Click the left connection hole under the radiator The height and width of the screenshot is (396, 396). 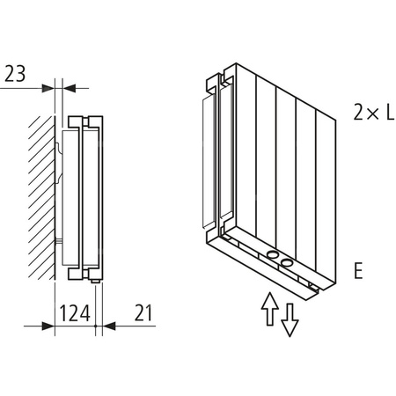273,257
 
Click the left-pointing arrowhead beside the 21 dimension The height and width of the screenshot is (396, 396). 109,325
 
